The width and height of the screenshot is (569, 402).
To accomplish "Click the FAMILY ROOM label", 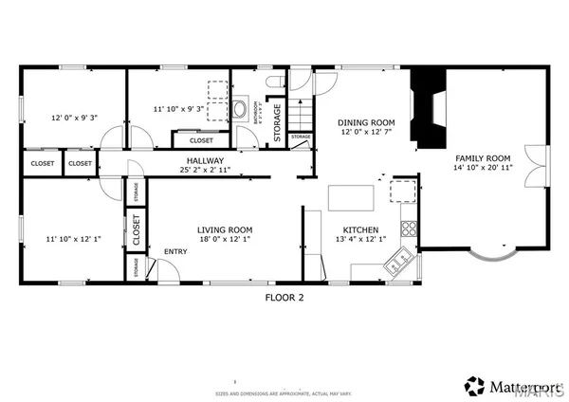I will click(483, 158).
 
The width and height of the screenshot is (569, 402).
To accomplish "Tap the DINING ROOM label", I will click(367, 122).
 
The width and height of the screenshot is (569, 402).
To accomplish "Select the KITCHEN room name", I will click(360, 229).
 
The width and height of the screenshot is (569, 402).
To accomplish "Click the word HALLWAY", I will click(204, 160).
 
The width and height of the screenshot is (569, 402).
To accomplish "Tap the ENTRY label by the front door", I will click(175, 251).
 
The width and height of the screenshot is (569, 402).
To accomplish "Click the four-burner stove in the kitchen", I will click(410, 228).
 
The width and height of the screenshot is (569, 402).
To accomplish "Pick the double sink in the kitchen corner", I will click(400, 261).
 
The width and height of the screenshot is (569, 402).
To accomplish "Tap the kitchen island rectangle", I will click(350, 197).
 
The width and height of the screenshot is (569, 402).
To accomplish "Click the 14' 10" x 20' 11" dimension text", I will click(483, 168).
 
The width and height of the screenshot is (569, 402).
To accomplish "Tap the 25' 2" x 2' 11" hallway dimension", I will click(204, 170).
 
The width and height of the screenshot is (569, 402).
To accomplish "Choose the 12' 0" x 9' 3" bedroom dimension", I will click(74, 119).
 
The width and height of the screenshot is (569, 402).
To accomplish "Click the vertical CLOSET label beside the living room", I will click(137, 230).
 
